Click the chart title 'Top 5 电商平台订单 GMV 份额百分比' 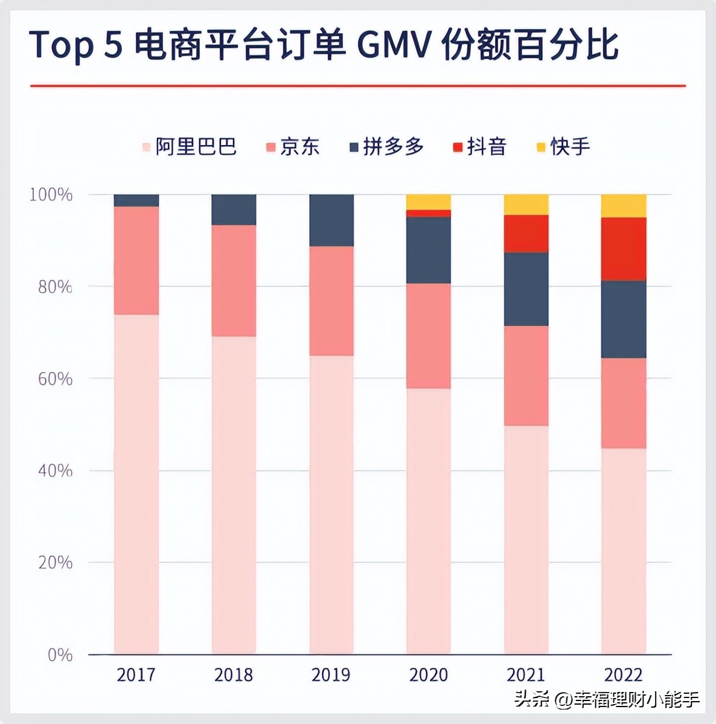click(x=324, y=45)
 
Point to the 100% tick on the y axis click(x=51, y=195)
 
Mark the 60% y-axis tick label click(x=55, y=379)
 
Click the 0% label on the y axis click(x=60, y=655)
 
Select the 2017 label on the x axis click(x=136, y=674)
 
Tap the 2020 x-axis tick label click(x=429, y=674)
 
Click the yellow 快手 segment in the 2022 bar click(x=624, y=206)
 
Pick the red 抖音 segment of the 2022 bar click(x=624, y=249)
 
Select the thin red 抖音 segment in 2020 click(x=429, y=213)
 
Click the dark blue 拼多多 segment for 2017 click(x=136, y=201)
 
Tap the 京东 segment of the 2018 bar click(x=234, y=280)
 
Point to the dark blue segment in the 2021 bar click(x=526, y=289)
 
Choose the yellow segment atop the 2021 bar click(x=526, y=205)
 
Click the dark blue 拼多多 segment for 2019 click(x=331, y=221)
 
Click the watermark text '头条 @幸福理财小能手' click(x=607, y=700)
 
